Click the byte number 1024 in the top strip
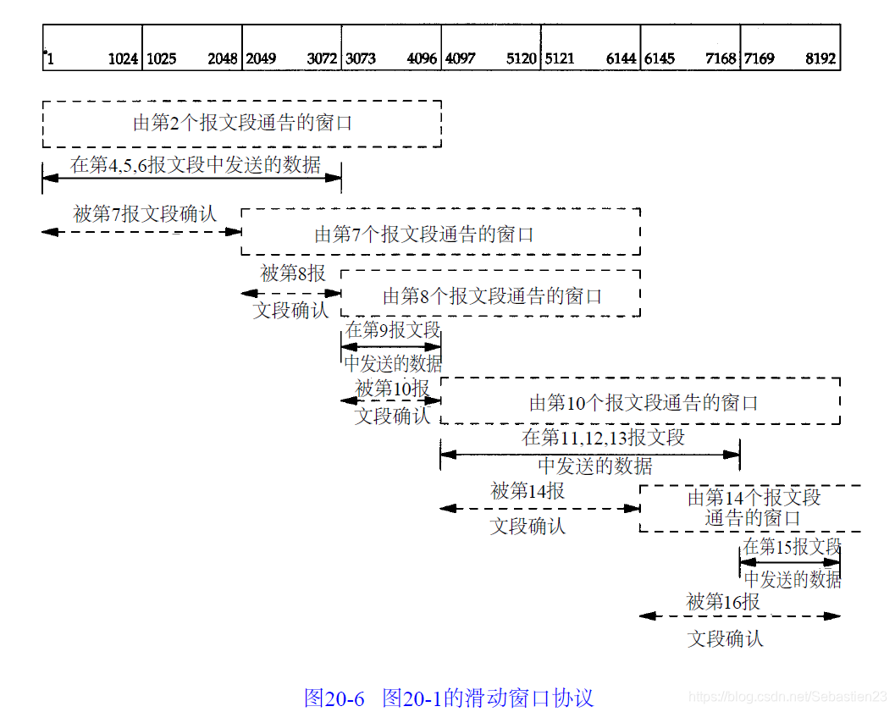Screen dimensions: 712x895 pos(123,59)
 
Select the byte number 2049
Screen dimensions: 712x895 pos(261,59)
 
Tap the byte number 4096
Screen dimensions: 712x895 pos(422,59)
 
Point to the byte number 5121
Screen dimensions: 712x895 pos(560,59)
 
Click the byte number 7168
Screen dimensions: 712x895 pos(721,59)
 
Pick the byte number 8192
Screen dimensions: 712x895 pos(820,59)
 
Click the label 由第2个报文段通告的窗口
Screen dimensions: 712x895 pos(242,124)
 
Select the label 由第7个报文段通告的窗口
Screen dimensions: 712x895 pos(424,235)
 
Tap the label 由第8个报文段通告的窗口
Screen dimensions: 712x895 pos(492,296)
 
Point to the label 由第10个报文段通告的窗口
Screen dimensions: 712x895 pos(644,403)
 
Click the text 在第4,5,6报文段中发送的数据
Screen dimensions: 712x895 pos(196,164)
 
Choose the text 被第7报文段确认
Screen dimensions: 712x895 pos(145,214)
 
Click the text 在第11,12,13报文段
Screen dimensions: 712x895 pos(603,438)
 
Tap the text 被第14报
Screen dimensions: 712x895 pos(528,491)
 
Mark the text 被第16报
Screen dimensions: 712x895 pos(723,602)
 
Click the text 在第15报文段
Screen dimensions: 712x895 pos(792,546)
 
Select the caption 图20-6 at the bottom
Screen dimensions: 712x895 pos(334,698)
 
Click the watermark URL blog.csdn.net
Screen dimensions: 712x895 pos(787,696)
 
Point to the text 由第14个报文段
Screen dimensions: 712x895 pos(754,497)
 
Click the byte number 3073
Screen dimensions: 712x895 pos(361,59)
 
